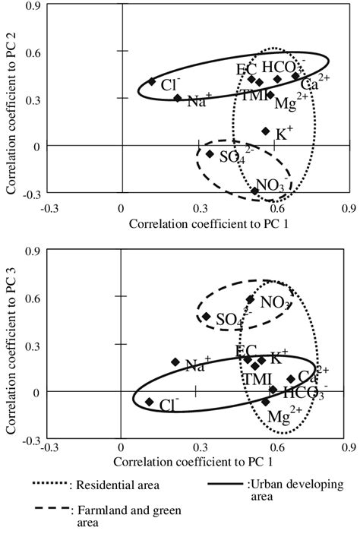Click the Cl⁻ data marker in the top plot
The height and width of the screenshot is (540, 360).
(x=152, y=81)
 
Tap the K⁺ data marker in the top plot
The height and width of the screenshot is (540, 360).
(x=266, y=131)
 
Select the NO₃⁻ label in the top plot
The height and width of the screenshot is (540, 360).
(x=271, y=184)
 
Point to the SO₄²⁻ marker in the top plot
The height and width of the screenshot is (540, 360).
(x=210, y=154)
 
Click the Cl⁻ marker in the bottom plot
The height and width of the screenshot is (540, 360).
(x=150, y=401)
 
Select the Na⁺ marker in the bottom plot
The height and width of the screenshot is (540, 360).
(x=175, y=362)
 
